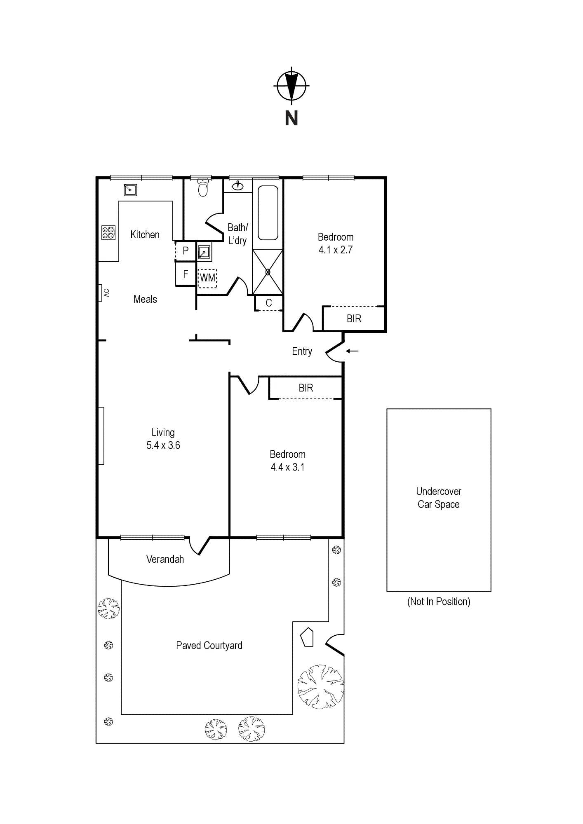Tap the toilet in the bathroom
coord(203,187)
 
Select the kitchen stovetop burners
coord(108,233)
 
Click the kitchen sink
coord(130,190)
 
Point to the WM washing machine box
coord(207,278)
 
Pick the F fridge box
coord(185,274)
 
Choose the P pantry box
coord(185,250)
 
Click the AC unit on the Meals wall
coord(100,293)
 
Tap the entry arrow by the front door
coord(352,351)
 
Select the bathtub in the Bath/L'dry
coord(268,213)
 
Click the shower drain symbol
coord(268,272)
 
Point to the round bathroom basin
coord(238,186)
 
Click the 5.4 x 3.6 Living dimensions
coord(163,445)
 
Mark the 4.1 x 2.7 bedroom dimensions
coord(336,250)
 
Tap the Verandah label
coord(165,559)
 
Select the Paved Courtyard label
coord(209,646)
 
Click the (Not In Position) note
coord(439,602)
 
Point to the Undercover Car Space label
coord(439,498)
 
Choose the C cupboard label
coord(269,303)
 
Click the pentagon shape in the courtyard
coord(307,637)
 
